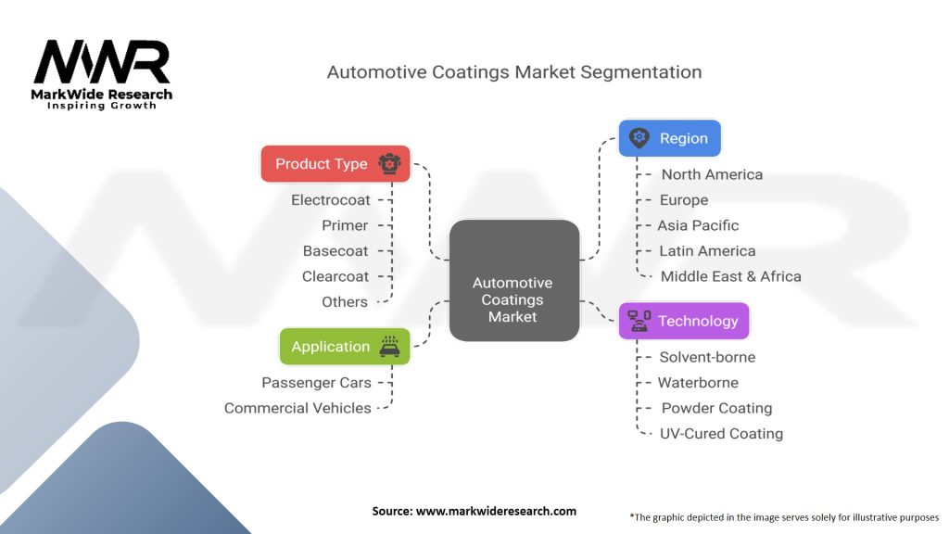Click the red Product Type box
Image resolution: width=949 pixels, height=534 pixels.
335,164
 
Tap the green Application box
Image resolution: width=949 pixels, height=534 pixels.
344,347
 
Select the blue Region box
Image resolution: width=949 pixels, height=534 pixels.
669,139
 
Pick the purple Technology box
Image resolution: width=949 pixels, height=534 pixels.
683,322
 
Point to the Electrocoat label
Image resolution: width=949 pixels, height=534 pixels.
330,200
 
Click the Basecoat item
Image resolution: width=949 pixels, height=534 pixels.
335,251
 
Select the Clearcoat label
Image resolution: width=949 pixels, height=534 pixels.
335,276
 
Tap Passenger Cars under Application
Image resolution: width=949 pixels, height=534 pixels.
316,383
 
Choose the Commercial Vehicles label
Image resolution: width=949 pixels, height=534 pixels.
297,408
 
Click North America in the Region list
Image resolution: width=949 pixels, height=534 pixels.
712,174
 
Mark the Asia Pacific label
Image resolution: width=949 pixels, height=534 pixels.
698,225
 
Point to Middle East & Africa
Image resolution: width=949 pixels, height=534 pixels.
730,276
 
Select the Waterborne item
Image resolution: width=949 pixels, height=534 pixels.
698,382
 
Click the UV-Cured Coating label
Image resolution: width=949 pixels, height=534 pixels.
721,433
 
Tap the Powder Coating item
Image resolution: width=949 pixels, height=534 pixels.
716,408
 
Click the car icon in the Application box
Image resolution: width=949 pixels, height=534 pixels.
389,346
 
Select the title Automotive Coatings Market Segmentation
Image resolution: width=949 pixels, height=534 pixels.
514,72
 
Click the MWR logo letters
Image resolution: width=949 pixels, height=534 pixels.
102,62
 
